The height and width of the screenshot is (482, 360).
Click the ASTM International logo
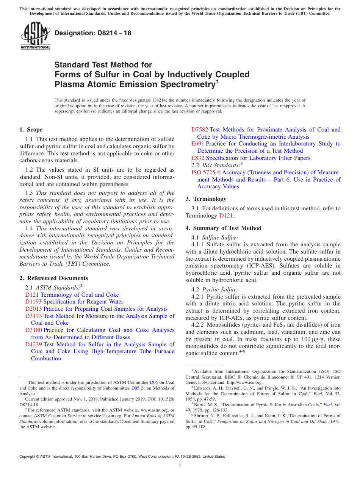tap(35, 36)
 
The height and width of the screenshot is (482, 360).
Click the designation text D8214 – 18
tap(93, 33)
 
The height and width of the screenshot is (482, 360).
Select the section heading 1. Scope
tap(31, 130)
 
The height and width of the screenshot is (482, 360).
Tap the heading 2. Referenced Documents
tap(54, 278)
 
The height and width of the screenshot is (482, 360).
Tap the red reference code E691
tap(197, 144)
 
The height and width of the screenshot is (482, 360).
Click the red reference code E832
tap(198, 158)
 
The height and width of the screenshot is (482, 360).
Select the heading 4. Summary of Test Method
tap(224, 228)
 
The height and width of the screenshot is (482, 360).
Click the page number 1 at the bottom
tap(180, 466)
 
